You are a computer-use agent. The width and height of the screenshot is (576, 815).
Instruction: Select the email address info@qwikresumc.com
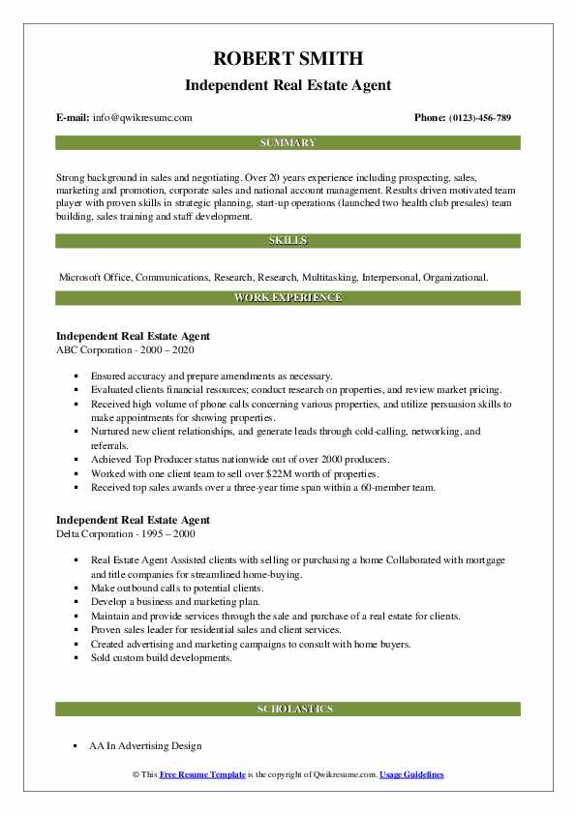pos(143,117)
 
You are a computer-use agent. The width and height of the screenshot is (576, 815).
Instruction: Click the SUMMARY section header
pos(288,142)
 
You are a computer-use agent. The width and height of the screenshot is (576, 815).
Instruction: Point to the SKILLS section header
pos(288,240)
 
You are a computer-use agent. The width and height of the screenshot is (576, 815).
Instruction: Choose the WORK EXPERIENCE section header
pos(288,297)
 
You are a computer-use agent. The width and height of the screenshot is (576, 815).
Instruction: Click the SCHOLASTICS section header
pos(288,709)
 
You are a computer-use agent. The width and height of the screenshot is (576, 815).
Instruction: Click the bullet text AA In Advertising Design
pos(145,746)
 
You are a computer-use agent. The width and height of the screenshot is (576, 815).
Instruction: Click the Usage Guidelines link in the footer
pos(411,775)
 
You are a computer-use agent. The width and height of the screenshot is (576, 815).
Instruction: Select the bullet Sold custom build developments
pos(162,657)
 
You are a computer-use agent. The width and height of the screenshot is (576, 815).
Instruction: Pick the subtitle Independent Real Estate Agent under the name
pos(288,85)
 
